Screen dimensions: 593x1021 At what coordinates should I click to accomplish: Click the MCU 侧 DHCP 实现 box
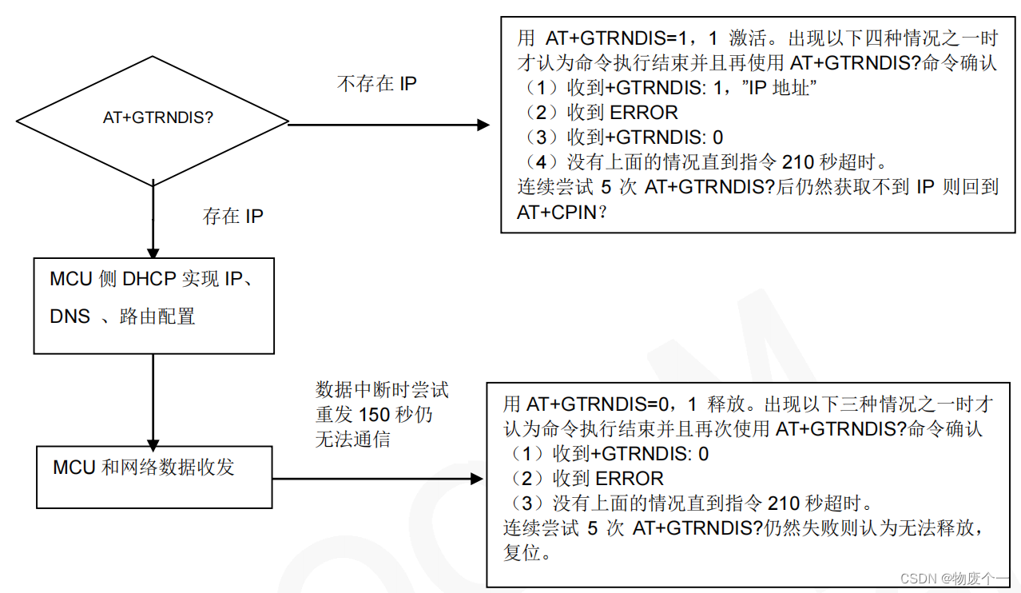153,305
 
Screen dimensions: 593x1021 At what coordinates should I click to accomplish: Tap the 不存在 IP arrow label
376,83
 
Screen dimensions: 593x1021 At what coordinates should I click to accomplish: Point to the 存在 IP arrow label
232,216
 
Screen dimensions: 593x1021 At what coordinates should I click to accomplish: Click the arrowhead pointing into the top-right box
483,125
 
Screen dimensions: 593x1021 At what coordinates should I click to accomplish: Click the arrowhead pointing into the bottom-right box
478,479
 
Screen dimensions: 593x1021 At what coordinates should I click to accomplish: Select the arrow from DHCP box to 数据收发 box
153,400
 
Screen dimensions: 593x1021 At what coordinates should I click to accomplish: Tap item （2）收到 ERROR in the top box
600,113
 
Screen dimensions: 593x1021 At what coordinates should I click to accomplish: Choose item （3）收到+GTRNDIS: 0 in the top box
622,137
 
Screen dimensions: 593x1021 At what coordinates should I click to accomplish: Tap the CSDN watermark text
955,579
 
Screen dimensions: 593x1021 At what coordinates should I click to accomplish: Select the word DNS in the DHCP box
70,316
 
